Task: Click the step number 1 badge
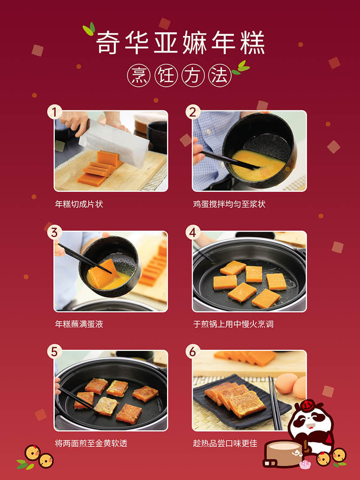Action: pos(54,112)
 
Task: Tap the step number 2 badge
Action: pos(193,112)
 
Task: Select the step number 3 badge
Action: pos(54,232)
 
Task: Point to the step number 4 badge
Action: pos(193,232)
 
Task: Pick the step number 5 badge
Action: pos(54,352)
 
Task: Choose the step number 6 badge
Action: pos(193,352)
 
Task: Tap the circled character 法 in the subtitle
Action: pos(220,75)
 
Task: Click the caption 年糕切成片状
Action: pos(79,204)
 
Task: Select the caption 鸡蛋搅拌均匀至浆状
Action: pos(229,204)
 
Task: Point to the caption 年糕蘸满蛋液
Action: pos(79,324)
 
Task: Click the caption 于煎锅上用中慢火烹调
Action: pos(233,324)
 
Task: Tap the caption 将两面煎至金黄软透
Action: pos(91,443)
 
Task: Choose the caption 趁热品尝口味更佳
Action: pos(225,443)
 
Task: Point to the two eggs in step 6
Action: pos(291,386)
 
